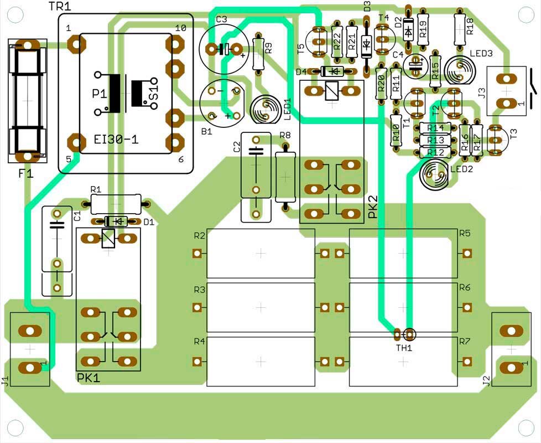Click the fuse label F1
(25, 173)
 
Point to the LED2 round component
(434, 174)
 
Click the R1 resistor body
(116, 205)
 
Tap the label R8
(285, 135)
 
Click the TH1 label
(403, 348)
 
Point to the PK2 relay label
(373, 206)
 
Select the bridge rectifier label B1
(206, 132)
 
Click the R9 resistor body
(258, 53)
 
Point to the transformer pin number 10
(180, 28)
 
